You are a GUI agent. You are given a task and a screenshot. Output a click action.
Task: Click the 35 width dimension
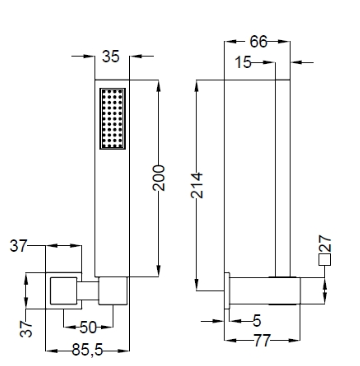pyautogui.click(x=111, y=56)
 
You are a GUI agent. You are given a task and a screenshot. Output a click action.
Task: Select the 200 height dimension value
pyautogui.click(x=159, y=178)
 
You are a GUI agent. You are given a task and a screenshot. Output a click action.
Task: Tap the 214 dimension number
pyautogui.click(x=197, y=185)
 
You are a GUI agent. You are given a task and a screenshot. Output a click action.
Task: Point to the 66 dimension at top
pyautogui.click(x=258, y=42)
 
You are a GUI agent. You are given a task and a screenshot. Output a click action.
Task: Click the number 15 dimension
pyautogui.click(x=243, y=62)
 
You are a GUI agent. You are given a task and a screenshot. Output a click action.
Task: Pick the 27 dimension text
pyautogui.click(x=325, y=244)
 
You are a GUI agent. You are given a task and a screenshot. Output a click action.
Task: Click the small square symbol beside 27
pyautogui.click(x=325, y=260)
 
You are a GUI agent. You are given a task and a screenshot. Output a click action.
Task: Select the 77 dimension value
pyautogui.click(x=262, y=341)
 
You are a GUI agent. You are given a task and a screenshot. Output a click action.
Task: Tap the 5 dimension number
pyautogui.click(x=257, y=321)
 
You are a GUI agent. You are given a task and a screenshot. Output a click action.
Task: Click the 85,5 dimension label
pyautogui.click(x=88, y=350)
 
